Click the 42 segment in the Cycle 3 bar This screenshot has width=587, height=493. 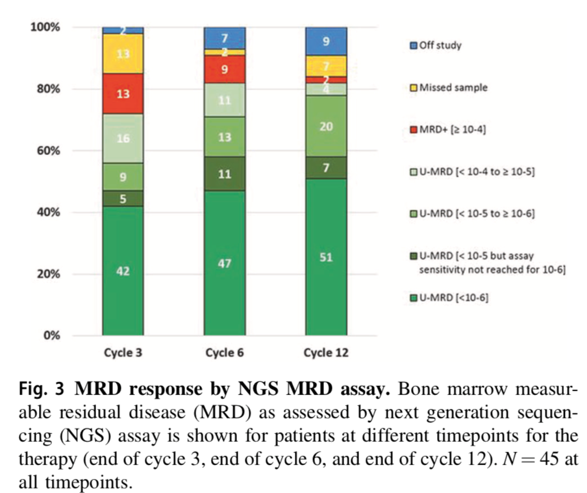[x=123, y=271]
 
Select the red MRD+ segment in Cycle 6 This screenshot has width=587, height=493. [x=225, y=69]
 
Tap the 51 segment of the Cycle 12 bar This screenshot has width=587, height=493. [x=326, y=257]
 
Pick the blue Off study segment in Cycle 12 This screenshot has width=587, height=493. [x=326, y=42]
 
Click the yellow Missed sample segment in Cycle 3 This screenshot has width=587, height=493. [x=123, y=53]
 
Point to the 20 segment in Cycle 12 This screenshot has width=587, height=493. [x=326, y=126]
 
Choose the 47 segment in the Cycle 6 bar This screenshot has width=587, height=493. [x=225, y=263]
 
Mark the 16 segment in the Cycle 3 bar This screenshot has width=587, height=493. [x=123, y=138]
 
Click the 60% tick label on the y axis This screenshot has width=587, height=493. [x=47, y=150]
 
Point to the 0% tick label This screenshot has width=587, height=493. [x=50, y=335]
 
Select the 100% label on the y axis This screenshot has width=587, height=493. [x=44, y=27]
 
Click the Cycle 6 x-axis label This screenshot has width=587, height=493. [x=224, y=354]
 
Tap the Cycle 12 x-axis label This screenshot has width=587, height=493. [x=325, y=354]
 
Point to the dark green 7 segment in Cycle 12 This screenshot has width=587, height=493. [x=326, y=168]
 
